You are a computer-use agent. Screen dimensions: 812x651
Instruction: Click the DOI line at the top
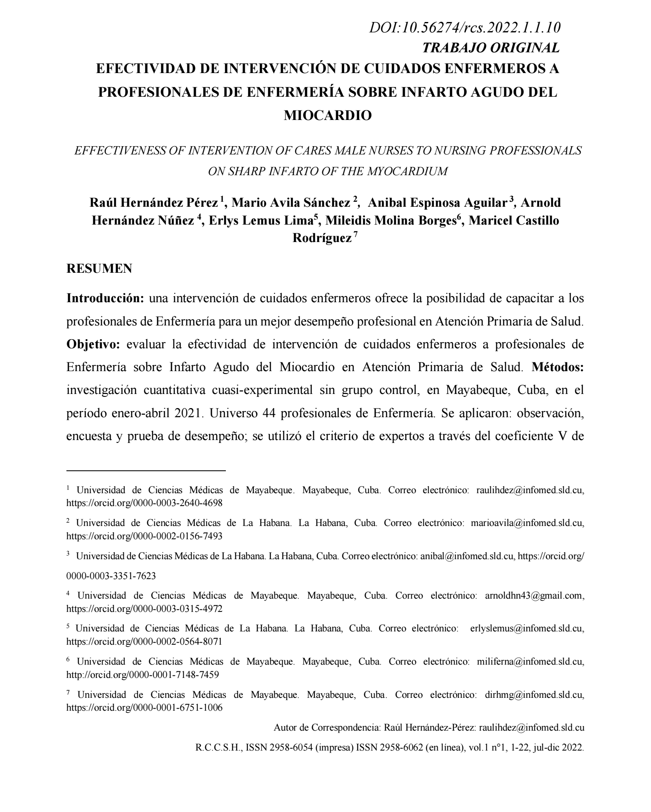(465, 28)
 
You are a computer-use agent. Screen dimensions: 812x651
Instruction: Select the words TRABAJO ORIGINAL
(491, 48)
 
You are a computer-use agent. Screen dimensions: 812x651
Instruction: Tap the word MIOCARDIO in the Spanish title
(327, 115)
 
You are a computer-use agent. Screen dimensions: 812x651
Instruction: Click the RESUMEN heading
(99, 269)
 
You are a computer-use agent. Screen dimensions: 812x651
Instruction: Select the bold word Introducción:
(105, 298)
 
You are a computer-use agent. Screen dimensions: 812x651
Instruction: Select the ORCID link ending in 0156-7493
(144, 536)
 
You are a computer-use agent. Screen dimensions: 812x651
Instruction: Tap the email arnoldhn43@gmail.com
(534, 596)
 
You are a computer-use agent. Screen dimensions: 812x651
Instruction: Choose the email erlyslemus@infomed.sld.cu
(526, 629)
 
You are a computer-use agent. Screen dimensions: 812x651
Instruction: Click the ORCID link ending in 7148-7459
(142, 675)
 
